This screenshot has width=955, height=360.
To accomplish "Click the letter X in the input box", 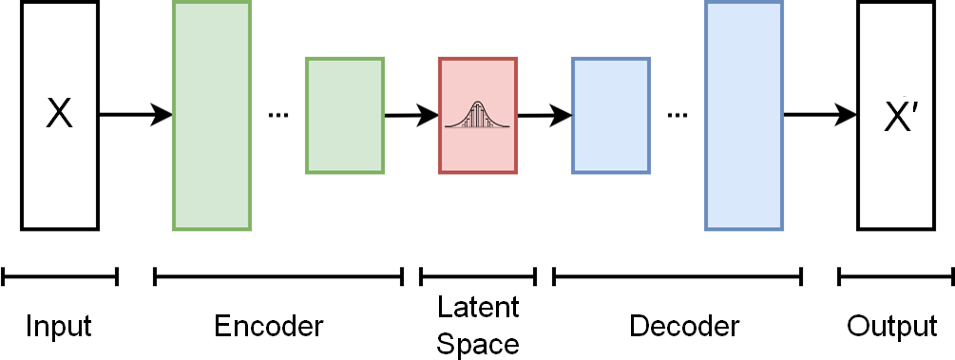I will point(60,115).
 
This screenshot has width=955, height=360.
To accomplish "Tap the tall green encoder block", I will point(212,115).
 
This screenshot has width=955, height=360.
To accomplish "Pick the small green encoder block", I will point(345,115).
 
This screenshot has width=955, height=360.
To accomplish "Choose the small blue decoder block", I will point(611,115).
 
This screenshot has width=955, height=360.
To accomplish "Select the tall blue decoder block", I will point(744,115).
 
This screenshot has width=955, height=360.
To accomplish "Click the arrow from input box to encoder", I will point(136,115).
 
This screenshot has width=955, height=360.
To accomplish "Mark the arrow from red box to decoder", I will point(544,116).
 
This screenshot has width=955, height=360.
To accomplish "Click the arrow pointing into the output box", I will point(820,115).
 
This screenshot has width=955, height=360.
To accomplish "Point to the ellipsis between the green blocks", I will point(278,116).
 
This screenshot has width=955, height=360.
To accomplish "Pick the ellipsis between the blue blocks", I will point(678,116).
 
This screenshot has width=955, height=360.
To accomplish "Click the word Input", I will point(59,327).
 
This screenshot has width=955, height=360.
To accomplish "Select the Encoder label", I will point(269,327).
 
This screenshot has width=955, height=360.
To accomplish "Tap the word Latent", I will point(478,309).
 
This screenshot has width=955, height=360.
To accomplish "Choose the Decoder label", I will point(684,327).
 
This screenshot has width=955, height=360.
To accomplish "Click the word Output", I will point(892,327).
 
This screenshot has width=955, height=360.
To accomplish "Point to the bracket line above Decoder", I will point(678,276).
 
